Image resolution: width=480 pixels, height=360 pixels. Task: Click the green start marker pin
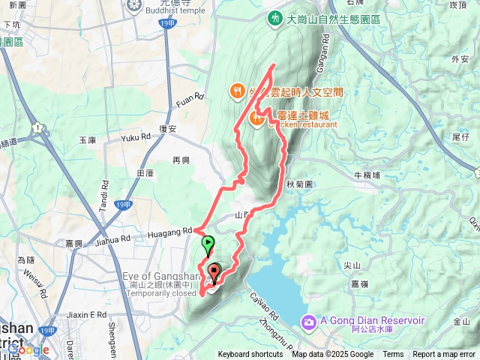pyautogui.click(x=208, y=244)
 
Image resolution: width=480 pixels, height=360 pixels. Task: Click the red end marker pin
pyautogui.click(x=214, y=272)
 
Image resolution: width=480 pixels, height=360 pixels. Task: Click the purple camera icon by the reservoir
pyautogui.click(x=308, y=322)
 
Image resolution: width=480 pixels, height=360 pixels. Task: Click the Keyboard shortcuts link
pyautogui.click(x=250, y=355)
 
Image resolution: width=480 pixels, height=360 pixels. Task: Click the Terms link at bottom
pyautogui.click(x=393, y=355)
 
